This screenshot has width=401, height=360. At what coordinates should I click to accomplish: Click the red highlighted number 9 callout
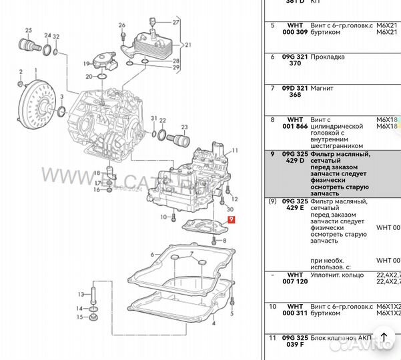click(x=231, y=219)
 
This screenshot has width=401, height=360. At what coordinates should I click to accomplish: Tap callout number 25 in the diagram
click(x=28, y=31)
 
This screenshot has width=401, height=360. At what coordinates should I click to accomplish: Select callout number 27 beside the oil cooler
click(x=176, y=23)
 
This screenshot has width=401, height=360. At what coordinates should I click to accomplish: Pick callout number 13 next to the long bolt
click(x=81, y=294)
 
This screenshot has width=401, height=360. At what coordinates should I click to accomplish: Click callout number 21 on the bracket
click(x=188, y=45)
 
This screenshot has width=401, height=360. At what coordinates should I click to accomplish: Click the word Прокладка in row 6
click(x=328, y=57)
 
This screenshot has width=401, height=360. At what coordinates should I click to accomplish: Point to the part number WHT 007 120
click(x=295, y=278)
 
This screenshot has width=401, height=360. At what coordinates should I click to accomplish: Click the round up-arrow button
click(x=384, y=338)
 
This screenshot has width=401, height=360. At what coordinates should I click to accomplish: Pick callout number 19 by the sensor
click(x=86, y=64)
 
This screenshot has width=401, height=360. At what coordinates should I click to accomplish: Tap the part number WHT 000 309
click(x=295, y=29)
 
